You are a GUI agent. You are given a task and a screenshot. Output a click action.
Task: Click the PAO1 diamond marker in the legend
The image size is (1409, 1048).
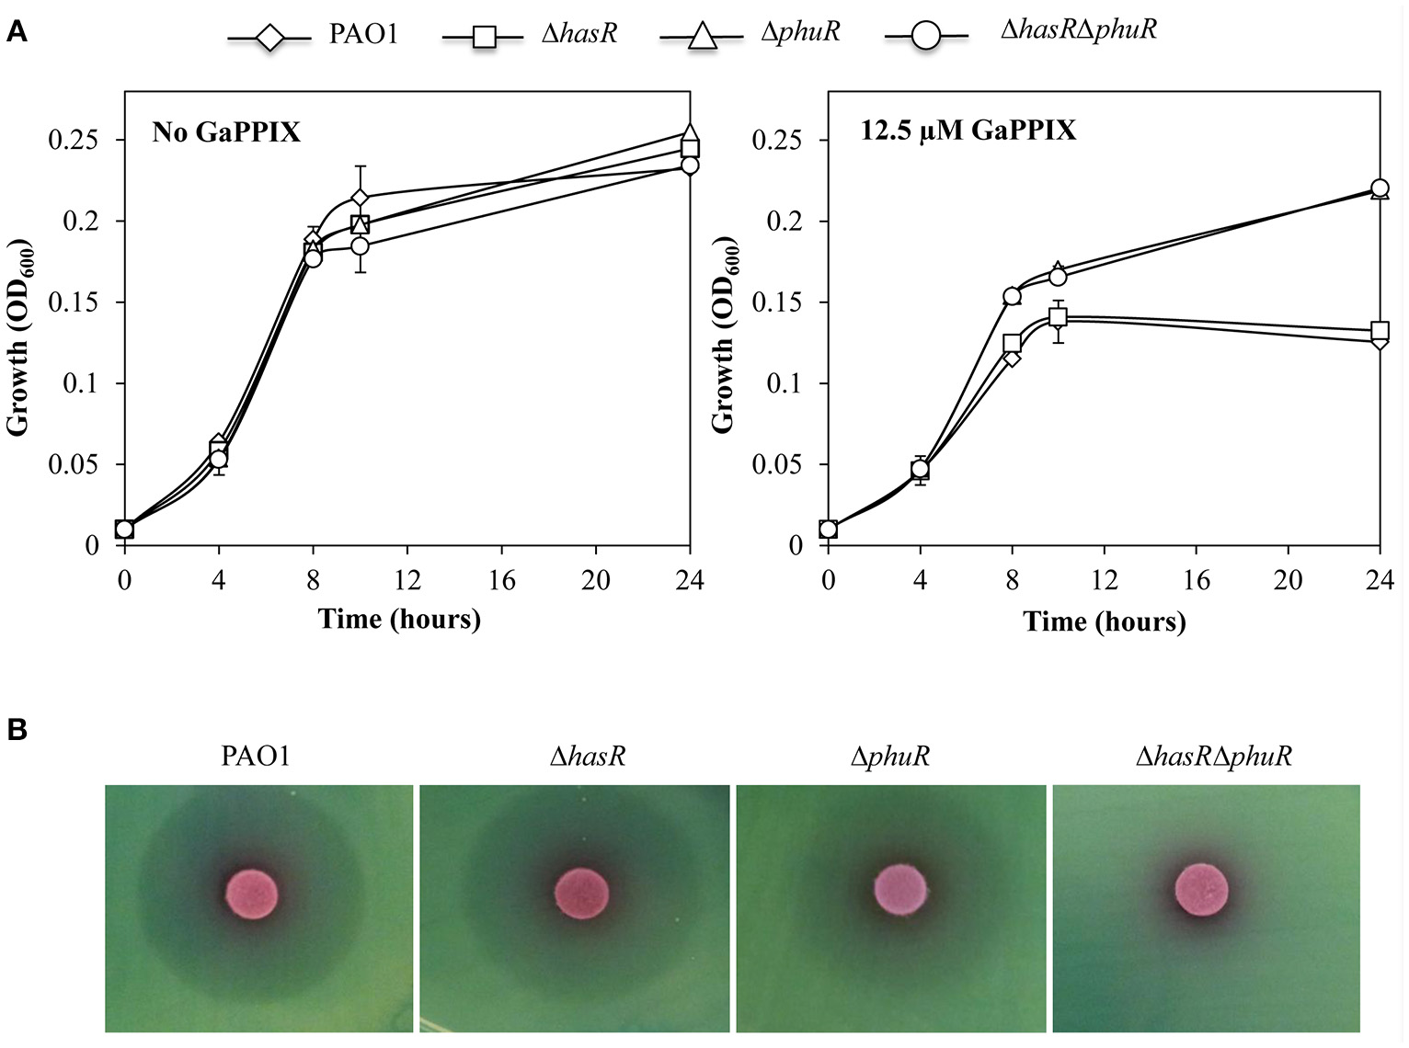point(269,39)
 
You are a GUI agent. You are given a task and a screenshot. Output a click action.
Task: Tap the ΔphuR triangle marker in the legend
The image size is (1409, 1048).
point(701,37)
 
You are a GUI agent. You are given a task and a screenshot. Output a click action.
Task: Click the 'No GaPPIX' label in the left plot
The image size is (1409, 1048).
point(226,132)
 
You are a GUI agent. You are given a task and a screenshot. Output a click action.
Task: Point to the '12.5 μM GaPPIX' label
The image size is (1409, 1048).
point(968,131)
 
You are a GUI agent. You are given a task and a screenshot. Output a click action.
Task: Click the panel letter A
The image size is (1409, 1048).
point(17,34)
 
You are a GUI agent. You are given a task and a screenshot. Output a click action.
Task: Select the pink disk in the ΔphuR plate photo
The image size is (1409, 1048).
point(899,891)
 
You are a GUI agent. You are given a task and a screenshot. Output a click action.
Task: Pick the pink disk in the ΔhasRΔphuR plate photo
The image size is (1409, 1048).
point(1201,890)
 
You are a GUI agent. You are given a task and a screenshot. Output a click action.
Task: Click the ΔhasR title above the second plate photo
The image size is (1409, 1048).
point(588,757)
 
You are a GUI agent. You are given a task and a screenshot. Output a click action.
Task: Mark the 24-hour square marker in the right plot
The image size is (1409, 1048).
point(1380,331)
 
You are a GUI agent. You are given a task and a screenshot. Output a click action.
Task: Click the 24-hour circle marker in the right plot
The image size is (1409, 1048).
point(1380,188)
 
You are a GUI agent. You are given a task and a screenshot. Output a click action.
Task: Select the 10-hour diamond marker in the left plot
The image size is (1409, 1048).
point(360,198)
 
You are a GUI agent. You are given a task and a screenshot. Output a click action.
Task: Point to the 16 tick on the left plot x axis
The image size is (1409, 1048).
point(501,581)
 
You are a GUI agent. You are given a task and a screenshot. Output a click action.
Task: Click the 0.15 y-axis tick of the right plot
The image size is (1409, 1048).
point(777,302)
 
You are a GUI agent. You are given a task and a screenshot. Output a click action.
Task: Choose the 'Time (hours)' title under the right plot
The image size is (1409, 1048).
point(1104,622)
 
